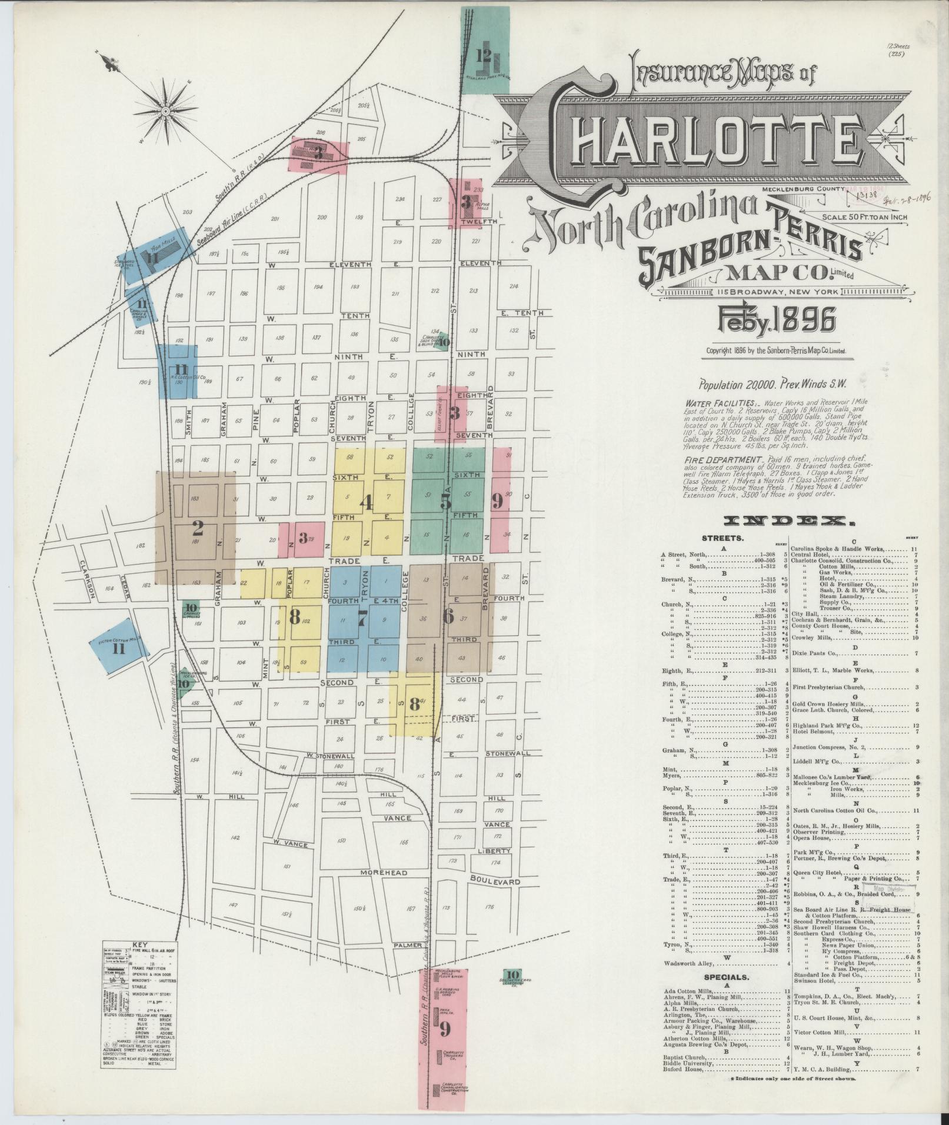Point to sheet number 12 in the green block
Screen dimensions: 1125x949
484,55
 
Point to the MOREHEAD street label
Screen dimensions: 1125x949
384,872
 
